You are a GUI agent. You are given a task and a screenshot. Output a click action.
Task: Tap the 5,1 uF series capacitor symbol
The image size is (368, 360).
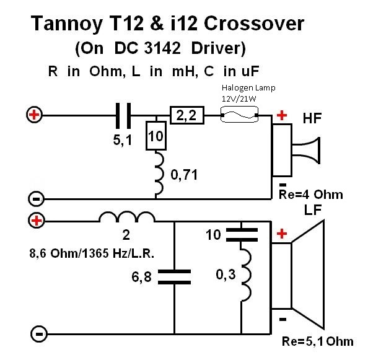pyautogui.click(x=123, y=115)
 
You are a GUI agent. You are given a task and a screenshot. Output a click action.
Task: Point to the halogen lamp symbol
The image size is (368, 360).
pyautogui.click(x=239, y=114)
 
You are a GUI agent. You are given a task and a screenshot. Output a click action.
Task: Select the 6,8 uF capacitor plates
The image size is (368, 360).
pyautogui.click(x=174, y=277)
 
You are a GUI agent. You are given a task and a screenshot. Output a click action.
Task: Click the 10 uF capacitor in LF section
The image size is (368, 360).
pyautogui.click(x=242, y=235)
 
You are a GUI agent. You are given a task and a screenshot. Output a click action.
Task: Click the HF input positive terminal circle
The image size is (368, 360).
pyautogui.click(x=34, y=115)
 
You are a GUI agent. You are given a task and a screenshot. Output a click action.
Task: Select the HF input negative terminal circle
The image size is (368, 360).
pyautogui.click(x=36, y=199)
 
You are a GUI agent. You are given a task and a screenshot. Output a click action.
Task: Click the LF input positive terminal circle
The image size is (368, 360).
pyautogui.click(x=37, y=221)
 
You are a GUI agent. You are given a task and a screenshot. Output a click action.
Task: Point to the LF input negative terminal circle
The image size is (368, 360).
pyautogui.click(x=39, y=334)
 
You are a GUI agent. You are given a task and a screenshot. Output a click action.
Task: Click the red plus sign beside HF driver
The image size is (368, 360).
pyautogui.click(x=282, y=115)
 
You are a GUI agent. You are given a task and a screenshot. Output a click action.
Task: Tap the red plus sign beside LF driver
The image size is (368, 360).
pyautogui.click(x=282, y=234)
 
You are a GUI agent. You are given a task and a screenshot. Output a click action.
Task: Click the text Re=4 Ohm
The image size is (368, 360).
pyautogui.click(x=311, y=195)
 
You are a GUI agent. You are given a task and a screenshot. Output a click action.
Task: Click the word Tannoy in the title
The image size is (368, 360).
pyautogui.click(x=67, y=24)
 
